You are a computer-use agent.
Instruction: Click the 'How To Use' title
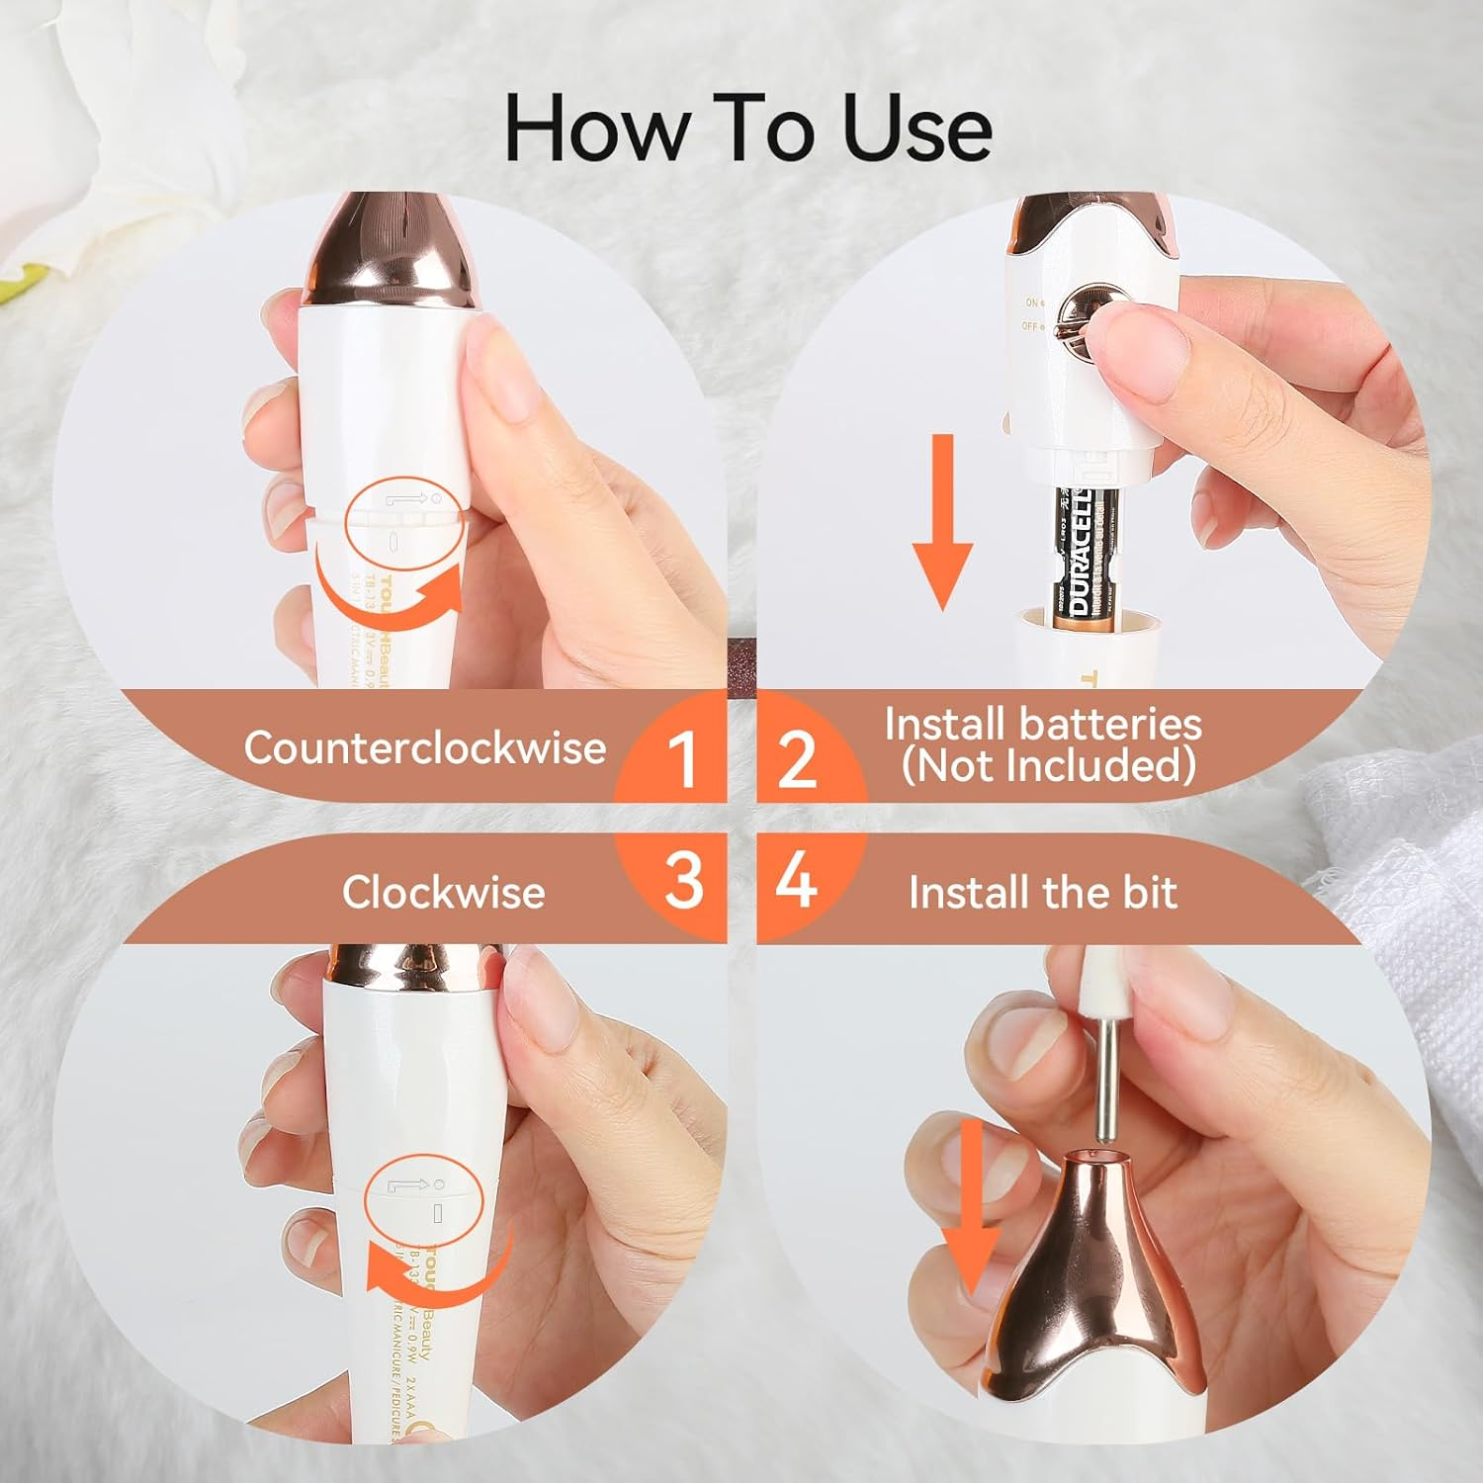click(x=748, y=129)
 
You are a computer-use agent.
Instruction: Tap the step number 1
click(x=681, y=759)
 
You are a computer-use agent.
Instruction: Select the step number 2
click(x=797, y=759)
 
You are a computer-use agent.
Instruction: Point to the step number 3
click(x=683, y=880)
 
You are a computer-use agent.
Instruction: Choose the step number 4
click(x=796, y=880)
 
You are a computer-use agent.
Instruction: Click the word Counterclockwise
click(x=425, y=747)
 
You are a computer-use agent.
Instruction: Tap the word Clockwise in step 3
click(x=443, y=892)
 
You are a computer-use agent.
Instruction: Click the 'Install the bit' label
click(x=1042, y=892)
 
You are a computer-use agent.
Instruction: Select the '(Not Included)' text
click(x=1048, y=766)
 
